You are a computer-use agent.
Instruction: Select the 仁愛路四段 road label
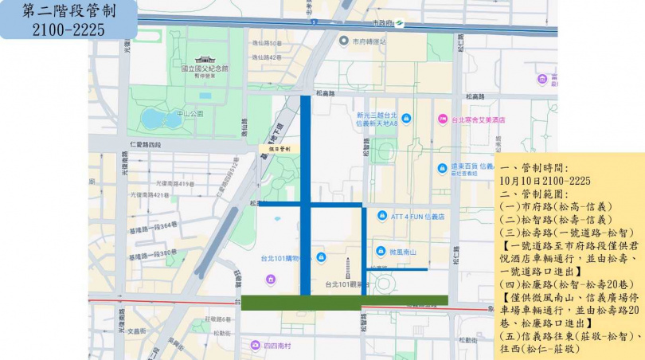(145, 143)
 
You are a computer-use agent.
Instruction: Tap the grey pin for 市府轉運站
(343, 41)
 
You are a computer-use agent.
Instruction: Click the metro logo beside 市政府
(401, 22)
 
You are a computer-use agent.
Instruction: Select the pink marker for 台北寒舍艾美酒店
(442, 119)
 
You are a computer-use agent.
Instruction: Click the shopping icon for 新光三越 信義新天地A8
(407, 119)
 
